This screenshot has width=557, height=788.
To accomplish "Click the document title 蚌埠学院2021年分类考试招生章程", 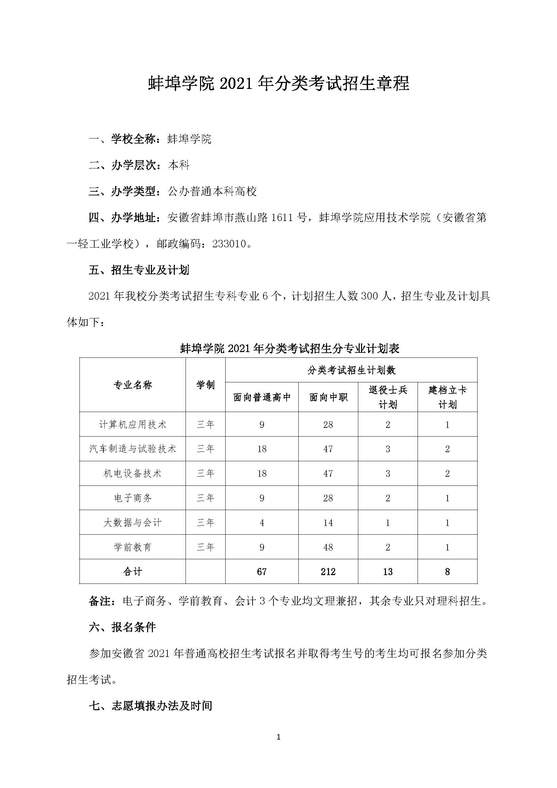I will click(278, 84).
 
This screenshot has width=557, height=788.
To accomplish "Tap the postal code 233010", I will click(229, 244).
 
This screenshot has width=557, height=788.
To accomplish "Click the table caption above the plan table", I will click(290, 349).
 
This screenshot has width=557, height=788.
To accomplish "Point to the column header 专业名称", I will click(132, 385).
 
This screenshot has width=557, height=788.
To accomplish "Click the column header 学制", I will click(205, 385).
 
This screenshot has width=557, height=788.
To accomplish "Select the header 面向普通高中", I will click(262, 397).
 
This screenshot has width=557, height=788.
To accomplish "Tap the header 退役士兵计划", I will click(388, 397).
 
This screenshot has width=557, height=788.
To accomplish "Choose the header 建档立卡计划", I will click(447, 397).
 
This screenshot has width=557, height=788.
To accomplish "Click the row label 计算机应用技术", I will click(132, 424).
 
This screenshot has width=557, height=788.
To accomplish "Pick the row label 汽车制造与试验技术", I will click(132, 449).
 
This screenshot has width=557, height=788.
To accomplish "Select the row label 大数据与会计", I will click(132, 523).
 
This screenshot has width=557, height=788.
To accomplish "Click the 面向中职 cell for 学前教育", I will click(328, 547).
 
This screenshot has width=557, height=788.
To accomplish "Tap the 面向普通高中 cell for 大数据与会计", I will click(262, 523).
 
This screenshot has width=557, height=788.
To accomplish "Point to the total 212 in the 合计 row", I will click(328, 571).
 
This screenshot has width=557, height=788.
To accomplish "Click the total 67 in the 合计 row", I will click(262, 571).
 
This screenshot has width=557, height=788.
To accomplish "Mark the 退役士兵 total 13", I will click(388, 571).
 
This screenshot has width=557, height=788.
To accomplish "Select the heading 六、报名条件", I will click(122, 627).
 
